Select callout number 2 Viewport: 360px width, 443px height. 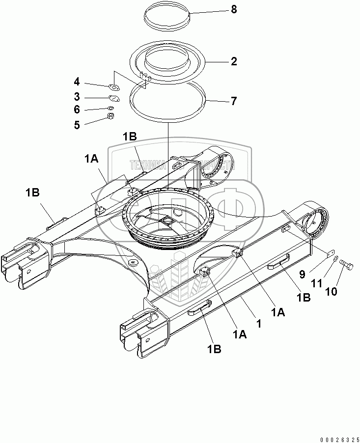tap(234, 61)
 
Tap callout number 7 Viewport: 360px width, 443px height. tap(234, 101)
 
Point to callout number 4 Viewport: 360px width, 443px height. tap(77, 82)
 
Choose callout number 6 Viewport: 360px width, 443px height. tap(77, 110)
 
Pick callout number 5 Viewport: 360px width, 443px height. tap(77, 125)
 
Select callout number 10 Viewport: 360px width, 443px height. tap(332, 291)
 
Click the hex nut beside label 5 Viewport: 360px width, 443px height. tap(111, 117)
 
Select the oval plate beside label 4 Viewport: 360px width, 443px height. tap(115, 88)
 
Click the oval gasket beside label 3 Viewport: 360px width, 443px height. tap(113, 98)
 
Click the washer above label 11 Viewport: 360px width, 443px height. tap(335, 259)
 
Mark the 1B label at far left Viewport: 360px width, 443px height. tap(33, 194)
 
